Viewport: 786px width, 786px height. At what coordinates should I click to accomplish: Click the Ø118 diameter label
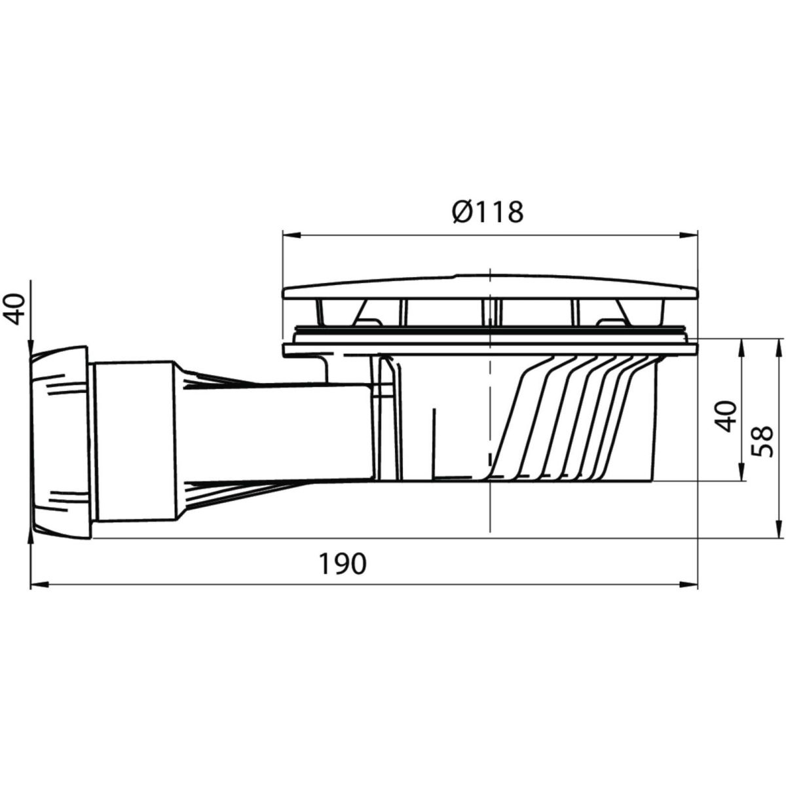488,212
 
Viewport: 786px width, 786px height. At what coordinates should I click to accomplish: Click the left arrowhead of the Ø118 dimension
291,235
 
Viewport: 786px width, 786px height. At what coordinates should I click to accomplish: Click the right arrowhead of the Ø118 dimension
688,235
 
